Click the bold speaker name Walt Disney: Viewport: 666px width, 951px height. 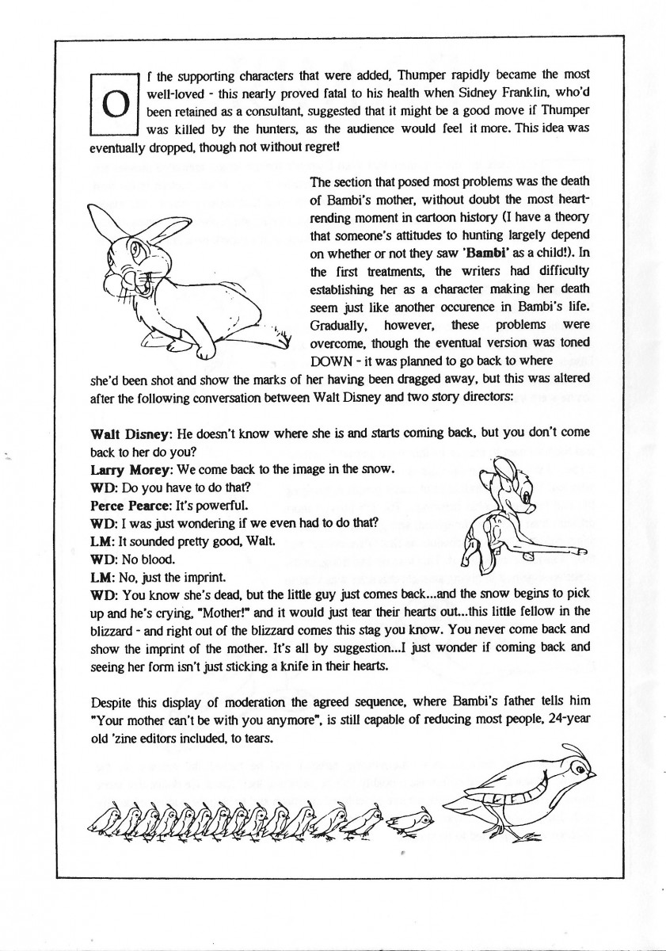click(x=129, y=435)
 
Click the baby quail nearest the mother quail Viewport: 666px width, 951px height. click(x=414, y=820)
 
